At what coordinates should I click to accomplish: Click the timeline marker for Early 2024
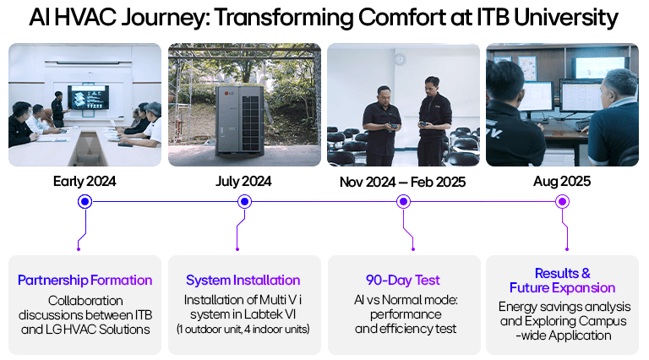click(x=85, y=201)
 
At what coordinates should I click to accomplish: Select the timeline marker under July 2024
click(x=244, y=201)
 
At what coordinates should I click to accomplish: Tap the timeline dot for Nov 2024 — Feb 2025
click(x=403, y=201)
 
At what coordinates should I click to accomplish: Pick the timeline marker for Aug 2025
click(x=562, y=201)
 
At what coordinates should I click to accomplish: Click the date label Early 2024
click(x=85, y=182)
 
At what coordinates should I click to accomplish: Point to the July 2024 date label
click(x=244, y=182)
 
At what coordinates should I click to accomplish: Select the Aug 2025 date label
click(x=562, y=182)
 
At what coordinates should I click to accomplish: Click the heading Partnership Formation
click(x=85, y=280)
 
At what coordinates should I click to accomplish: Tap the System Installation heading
click(x=243, y=280)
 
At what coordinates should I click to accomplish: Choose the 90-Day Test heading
click(x=403, y=280)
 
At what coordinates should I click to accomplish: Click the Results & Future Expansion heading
click(x=562, y=281)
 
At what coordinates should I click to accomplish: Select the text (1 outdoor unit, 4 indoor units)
click(x=243, y=328)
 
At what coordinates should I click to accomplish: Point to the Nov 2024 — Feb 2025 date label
click(x=403, y=182)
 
